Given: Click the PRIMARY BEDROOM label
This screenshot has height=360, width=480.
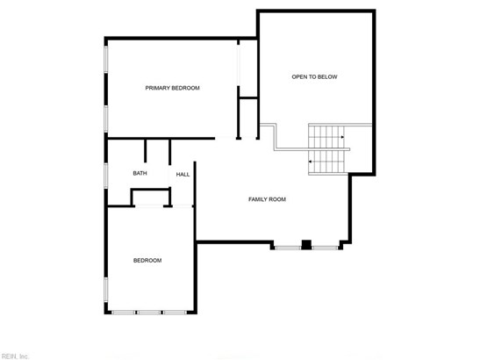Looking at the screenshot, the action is point(172,88).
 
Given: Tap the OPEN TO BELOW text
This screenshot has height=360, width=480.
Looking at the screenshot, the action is point(314,77).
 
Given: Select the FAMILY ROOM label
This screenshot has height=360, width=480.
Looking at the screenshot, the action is point(267,199).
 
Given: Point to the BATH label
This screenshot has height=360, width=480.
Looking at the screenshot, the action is point(140,173).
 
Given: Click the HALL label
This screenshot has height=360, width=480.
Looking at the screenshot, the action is point(183,175).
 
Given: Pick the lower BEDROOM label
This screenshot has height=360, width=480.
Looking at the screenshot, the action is point(147,261).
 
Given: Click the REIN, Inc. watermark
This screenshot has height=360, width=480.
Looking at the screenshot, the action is point(14,356).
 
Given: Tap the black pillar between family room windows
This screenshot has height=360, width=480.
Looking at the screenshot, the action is point(306,244).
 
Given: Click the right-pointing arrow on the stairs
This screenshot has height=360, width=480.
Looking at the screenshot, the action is point(342,137).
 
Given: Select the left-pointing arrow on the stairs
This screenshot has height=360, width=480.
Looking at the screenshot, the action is point(310,162).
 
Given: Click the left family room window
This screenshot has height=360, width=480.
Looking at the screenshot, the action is point(288,248).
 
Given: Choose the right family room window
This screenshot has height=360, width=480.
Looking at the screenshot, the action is point(325,248).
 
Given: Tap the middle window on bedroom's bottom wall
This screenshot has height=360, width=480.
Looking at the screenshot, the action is point(148,313).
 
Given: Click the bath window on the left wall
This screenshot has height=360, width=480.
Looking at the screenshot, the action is point(106,176).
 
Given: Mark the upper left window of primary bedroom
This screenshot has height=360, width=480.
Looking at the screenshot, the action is point(106,60).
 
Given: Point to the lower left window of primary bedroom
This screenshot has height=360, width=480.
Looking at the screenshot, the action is point(106,119).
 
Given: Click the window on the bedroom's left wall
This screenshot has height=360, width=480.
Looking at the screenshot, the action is point(106,290).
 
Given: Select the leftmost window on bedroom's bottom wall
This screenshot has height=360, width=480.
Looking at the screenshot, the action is point(123,313).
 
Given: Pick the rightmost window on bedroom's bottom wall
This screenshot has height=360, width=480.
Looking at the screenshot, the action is point(175,313).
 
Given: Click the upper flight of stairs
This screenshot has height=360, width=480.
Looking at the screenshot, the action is point(326,137).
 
